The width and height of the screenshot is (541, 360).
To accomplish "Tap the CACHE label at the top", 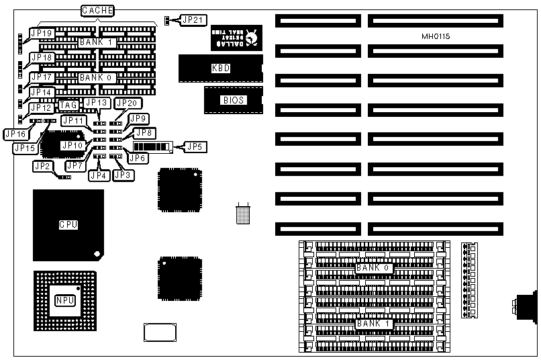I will coord(97,10).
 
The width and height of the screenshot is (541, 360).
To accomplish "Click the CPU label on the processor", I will coord(68,224).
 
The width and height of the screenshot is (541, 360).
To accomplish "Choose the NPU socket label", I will coord(64,300).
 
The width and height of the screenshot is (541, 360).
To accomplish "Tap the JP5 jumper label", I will coord(195,146).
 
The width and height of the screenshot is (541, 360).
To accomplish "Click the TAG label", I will coord(68,105).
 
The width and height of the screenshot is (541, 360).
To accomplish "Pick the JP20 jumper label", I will coord(125,103).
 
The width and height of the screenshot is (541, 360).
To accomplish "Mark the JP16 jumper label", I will coord(15,134).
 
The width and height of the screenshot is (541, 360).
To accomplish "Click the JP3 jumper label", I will coord(123,175).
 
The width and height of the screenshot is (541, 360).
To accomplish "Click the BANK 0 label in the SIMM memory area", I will coord(373,268).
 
